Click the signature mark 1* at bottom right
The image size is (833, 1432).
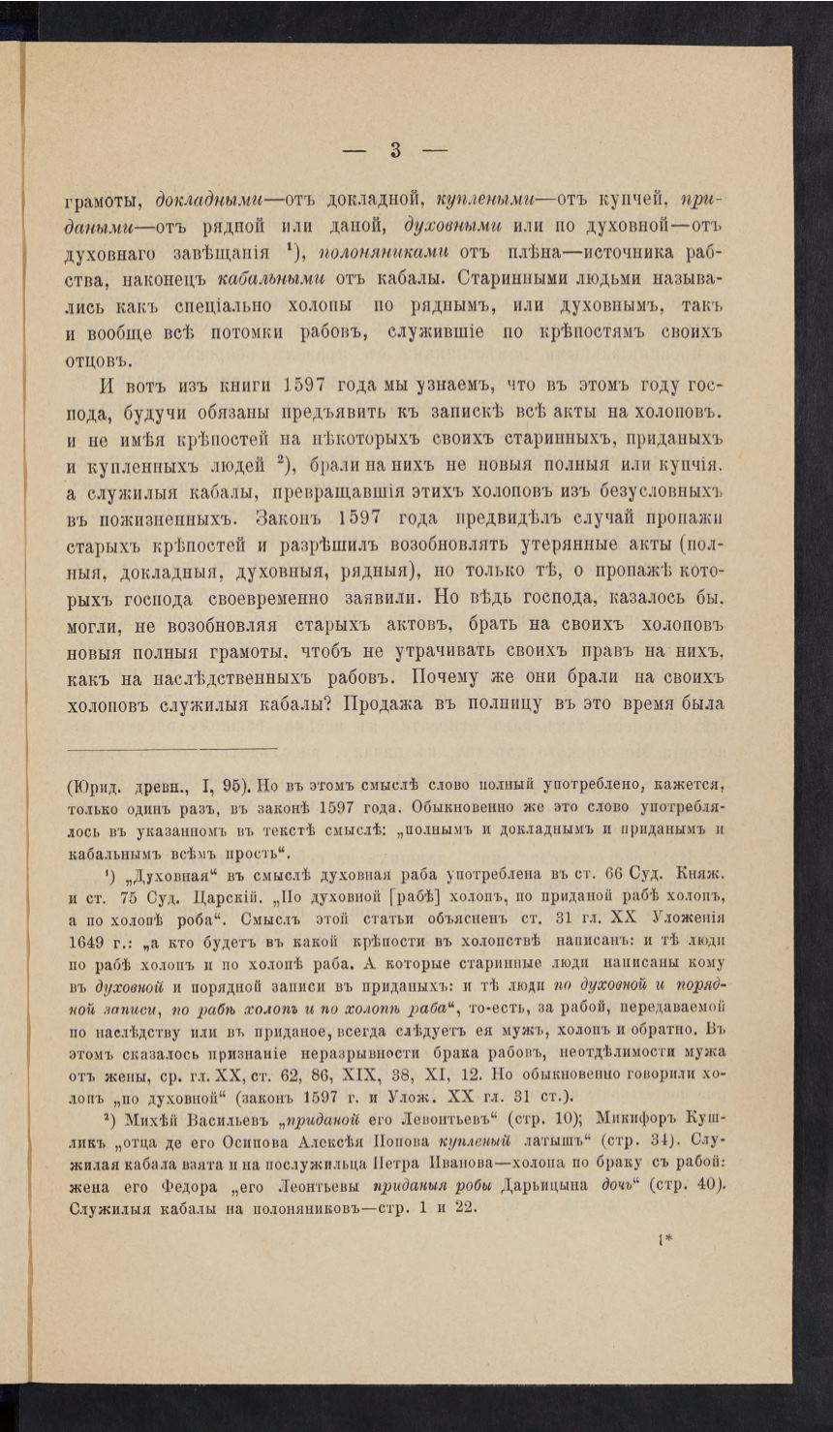tap(666, 1237)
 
